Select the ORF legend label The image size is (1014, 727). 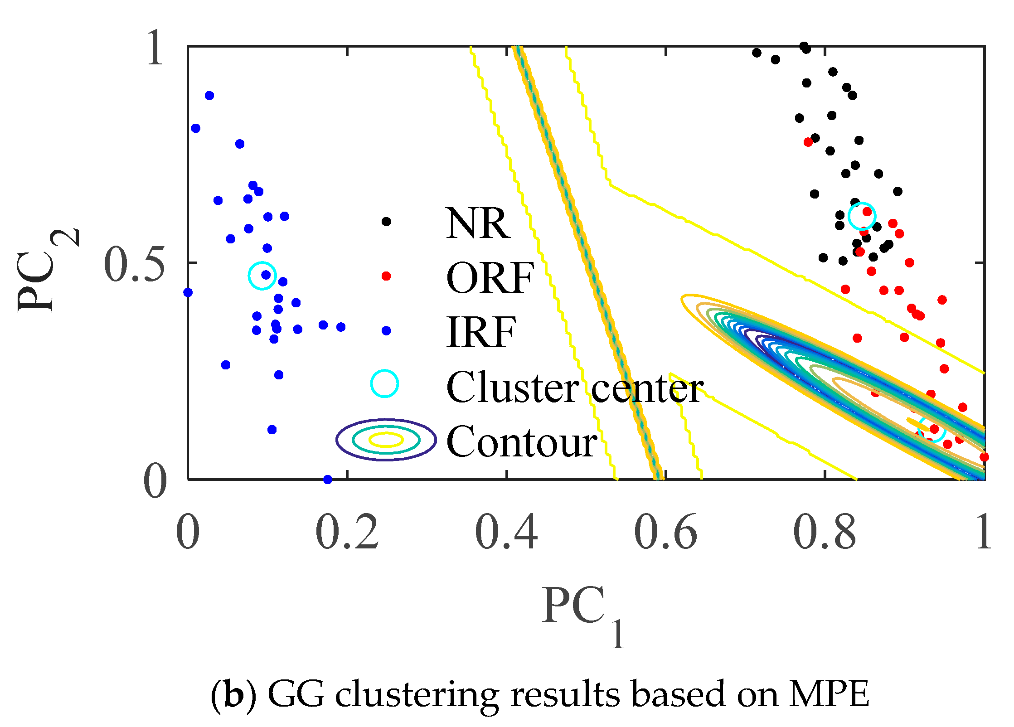pos(490,278)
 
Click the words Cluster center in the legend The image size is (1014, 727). pos(574,387)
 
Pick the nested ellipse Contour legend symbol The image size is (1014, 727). pos(386,439)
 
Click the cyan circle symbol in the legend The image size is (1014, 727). pos(384,383)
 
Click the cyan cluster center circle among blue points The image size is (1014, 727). pos(262,276)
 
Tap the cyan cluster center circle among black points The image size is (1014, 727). pos(862,216)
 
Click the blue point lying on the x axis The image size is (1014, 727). pos(328,479)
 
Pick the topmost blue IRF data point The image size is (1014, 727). pos(209,96)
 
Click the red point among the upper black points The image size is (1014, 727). pos(808,142)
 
